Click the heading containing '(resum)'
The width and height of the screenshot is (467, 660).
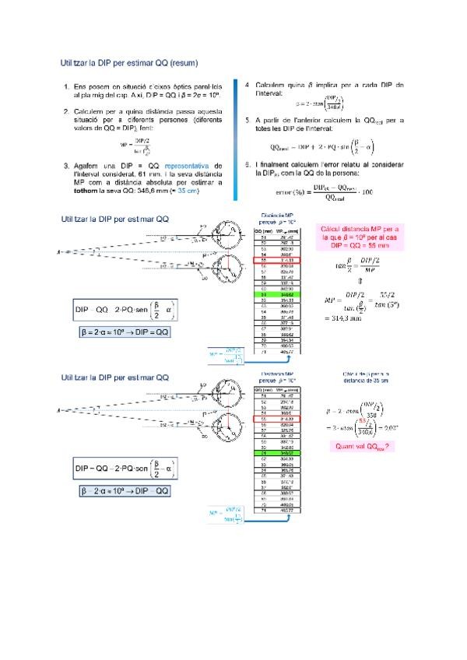[129, 61]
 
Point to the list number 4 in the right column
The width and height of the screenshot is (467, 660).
[247, 84]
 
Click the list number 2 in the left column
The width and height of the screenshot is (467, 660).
[66, 112]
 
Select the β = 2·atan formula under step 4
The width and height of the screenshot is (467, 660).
[320, 104]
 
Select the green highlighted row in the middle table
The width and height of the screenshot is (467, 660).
[273, 296]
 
